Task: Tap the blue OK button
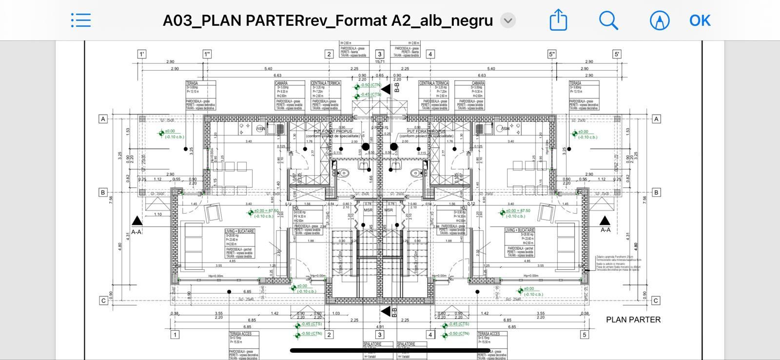[700, 20]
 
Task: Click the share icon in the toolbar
[558, 20]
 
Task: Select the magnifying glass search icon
[608, 20]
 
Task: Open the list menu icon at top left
[81, 20]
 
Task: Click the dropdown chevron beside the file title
[508, 20]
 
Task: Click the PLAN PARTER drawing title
[633, 320]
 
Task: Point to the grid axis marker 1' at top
[142, 54]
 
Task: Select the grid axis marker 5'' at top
[552, 54]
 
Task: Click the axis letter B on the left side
[103, 192]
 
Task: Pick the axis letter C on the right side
[656, 300]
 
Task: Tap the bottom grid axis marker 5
[584, 335]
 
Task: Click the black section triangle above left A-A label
[136, 220]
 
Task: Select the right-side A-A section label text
[605, 230]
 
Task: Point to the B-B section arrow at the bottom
[386, 311]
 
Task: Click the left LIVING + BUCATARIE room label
[239, 231]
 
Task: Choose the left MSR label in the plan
[368, 210]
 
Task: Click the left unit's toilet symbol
[344, 173]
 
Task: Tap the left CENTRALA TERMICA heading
[326, 83]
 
